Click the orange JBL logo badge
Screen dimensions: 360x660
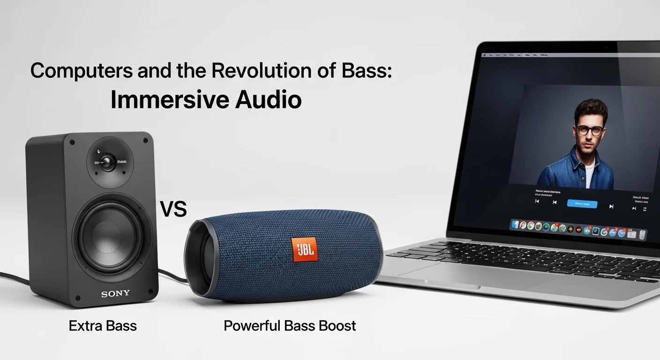pos(304,249)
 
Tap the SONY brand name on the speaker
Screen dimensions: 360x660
pos(115,294)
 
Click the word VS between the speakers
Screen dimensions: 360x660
pos(173,210)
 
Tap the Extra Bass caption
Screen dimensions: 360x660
pos(103,325)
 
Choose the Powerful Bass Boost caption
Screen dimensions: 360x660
pos(290,325)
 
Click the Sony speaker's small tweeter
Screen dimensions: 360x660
pos(107,163)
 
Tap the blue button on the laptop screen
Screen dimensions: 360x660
pos(582,204)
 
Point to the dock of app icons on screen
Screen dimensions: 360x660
pos(579,230)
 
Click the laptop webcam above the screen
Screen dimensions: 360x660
pos(606,48)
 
